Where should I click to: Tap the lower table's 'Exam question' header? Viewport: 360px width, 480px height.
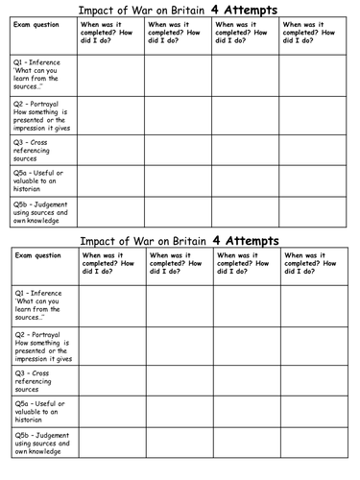pyautogui.click(x=35, y=256)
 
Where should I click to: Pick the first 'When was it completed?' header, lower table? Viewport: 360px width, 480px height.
pyautogui.click(x=110, y=262)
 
